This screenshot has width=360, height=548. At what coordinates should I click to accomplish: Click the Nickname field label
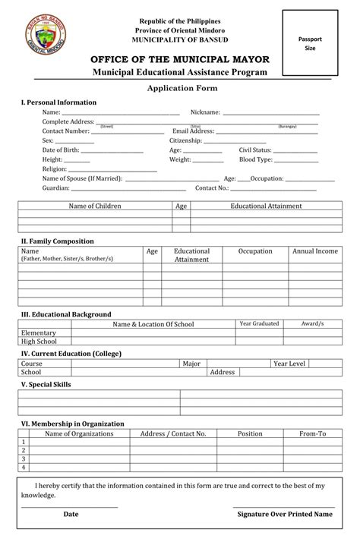(205, 112)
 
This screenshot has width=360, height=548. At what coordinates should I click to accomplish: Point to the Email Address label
(193, 131)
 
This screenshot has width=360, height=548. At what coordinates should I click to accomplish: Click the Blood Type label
(255, 160)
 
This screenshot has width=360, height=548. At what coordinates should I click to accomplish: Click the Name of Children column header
(95, 206)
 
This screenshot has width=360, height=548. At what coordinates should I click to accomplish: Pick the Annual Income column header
(315, 250)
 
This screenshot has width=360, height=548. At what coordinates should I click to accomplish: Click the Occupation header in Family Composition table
(255, 250)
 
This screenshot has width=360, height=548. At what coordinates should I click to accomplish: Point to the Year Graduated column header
(259, 323)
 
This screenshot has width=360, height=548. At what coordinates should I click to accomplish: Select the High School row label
(39, 342)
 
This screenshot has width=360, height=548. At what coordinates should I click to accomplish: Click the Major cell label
(191, 364)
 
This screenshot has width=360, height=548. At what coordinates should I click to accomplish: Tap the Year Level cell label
(289, 364)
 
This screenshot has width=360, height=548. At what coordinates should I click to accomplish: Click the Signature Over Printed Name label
(284, 514)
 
